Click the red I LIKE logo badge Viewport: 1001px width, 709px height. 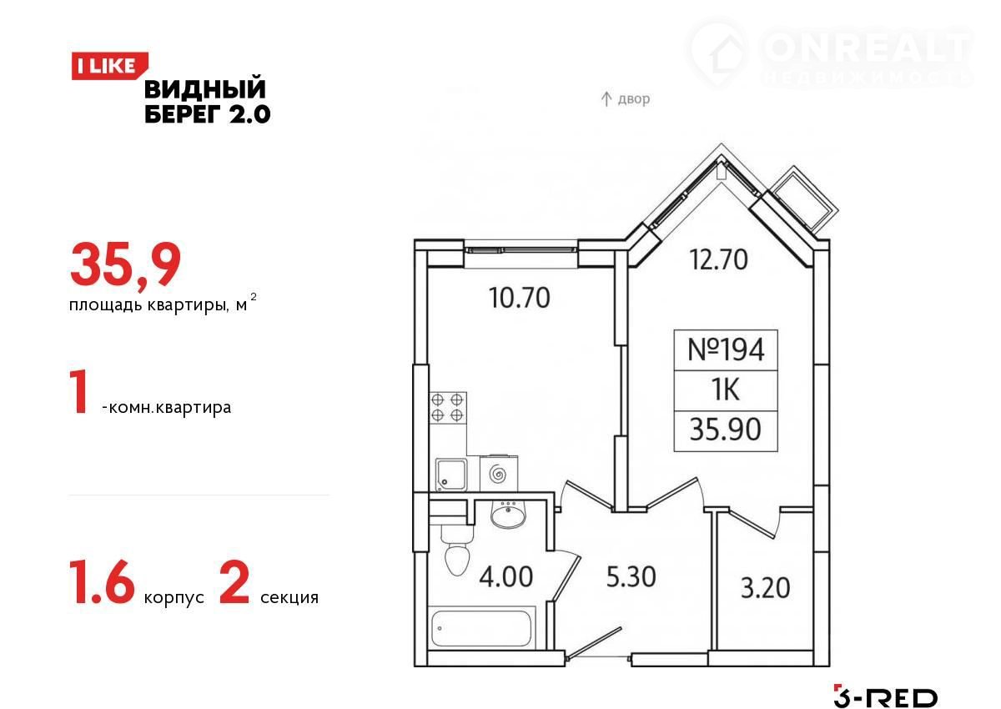[109, 66]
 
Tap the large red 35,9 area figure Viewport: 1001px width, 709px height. [126, 265]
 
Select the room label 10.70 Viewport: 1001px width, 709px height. [519, 298]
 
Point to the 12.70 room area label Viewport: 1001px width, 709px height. [718, 259]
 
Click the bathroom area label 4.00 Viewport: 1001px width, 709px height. [506, 576]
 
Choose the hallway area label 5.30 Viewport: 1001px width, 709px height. [631, 576]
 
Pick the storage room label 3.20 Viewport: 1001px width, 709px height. [766, 587]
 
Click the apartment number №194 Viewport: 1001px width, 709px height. [726, 349]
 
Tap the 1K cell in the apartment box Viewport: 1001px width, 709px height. [726, 390]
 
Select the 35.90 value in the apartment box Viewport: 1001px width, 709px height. [725, 430]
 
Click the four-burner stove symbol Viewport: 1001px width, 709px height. [447, 407]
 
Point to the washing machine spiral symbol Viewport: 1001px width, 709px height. [498, 474]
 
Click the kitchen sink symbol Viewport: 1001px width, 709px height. [451, 475]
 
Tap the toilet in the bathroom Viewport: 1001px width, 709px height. [457, 552]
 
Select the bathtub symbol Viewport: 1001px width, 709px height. [481, 628]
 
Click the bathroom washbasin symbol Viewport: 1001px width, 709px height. [508, 515]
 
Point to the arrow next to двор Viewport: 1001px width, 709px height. [606, 98]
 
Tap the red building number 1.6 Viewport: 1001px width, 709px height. [103, 582]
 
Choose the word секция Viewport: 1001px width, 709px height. [289, 597]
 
